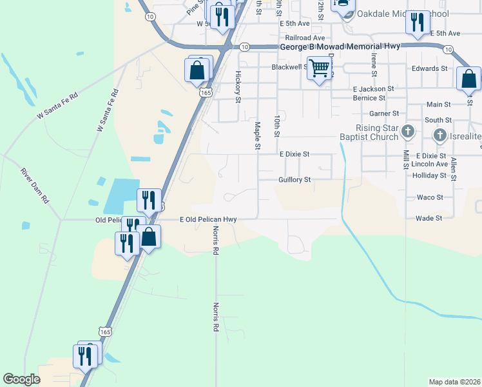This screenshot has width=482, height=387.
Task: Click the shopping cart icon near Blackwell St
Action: point(320,67)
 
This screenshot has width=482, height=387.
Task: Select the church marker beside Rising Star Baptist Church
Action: point(407,132)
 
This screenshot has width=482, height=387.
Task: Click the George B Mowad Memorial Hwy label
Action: point(340,47)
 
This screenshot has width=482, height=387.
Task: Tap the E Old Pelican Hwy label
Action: point(208,219)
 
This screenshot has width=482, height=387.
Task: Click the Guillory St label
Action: point(294,179)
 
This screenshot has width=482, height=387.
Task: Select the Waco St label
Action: point(430,197)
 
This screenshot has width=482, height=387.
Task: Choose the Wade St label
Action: point(429,218)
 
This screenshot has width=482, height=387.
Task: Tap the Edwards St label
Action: point(430,68)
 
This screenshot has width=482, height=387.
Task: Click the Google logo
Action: point(22,379)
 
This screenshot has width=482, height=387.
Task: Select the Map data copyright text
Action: point(454,382)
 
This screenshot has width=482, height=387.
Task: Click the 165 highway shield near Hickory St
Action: point(205,93)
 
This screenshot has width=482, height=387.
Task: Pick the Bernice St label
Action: point(369,98)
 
